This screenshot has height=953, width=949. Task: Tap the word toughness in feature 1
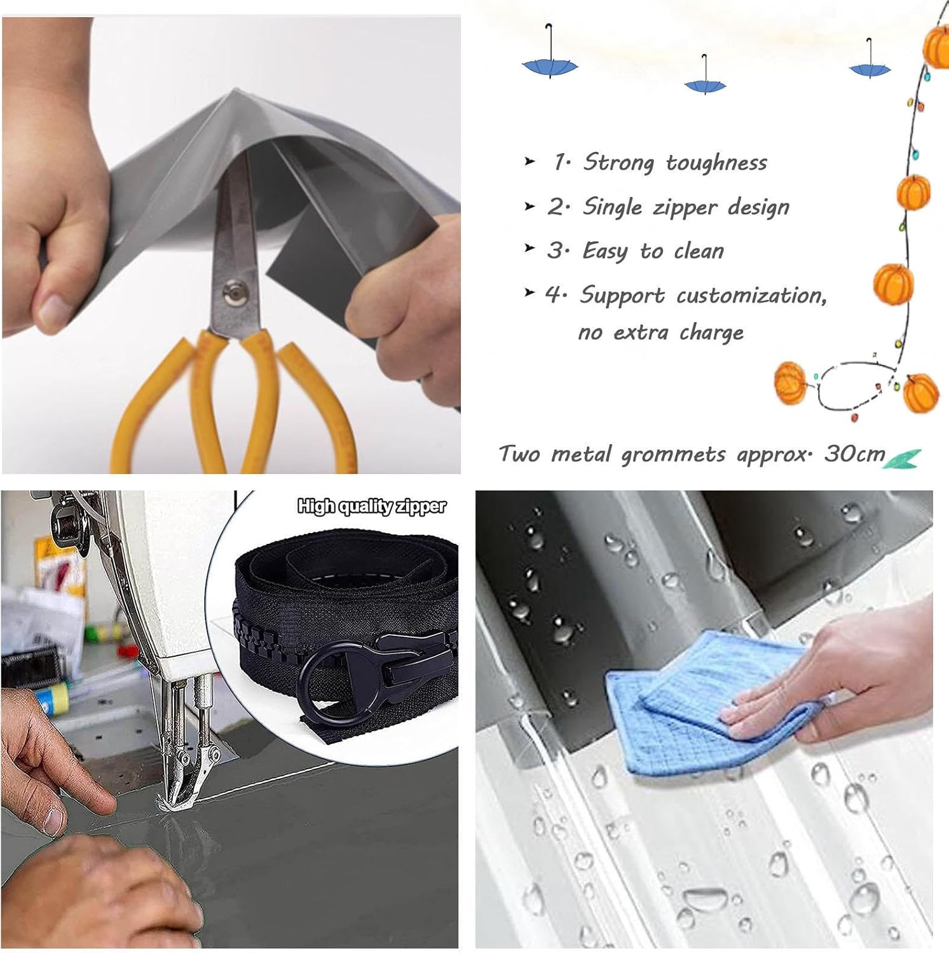[716, 163]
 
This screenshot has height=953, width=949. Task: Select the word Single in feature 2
[613, 207]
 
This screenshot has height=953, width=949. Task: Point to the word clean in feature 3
[699, 251]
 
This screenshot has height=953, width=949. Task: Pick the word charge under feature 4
[711, 332]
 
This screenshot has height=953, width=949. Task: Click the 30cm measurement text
[854, 454]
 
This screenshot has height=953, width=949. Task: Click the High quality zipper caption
[372, 506]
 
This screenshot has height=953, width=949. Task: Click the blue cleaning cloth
[708, 703]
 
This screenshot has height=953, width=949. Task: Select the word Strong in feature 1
[618, 163]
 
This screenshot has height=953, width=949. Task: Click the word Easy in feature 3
[604, 252]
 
